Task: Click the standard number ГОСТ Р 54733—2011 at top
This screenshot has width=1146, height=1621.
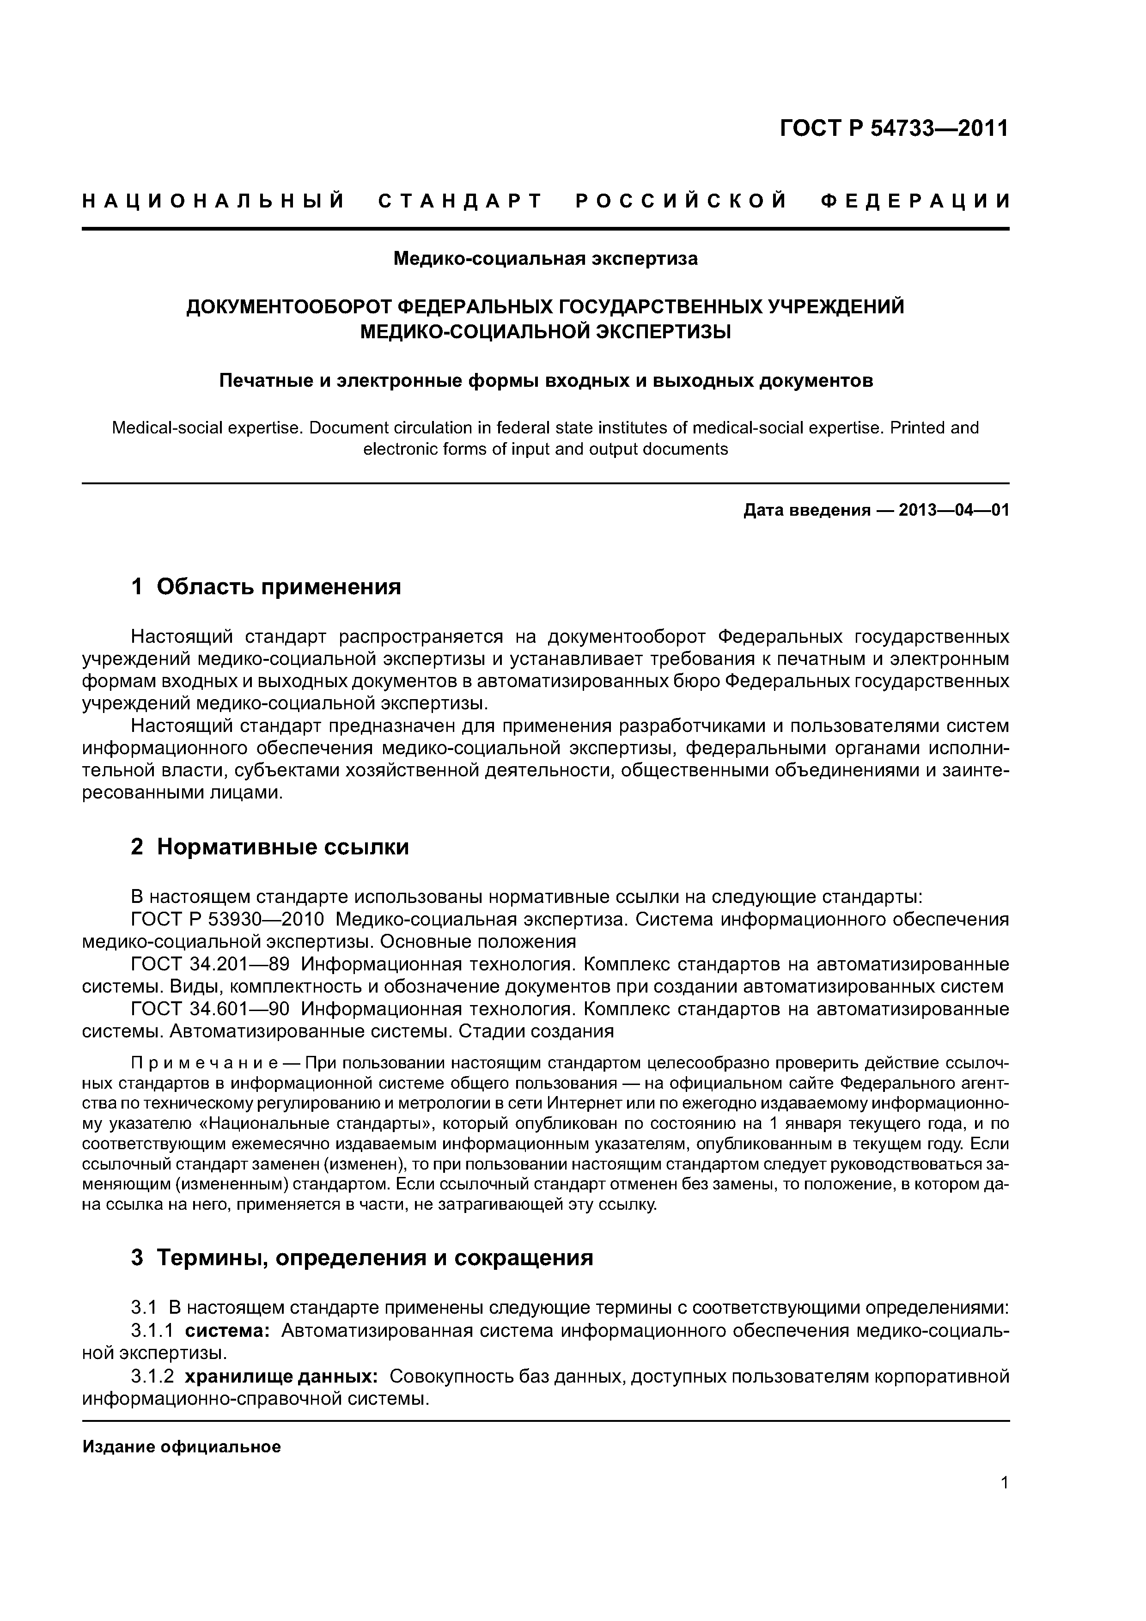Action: click(894, 128)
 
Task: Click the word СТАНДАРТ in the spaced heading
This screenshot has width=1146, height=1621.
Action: click(460, 201)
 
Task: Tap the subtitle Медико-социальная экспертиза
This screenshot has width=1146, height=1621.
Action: click(545, 259)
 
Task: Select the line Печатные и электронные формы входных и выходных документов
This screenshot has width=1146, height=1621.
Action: click(545, 381)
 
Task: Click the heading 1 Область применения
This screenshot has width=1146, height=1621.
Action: click(266, 587)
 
